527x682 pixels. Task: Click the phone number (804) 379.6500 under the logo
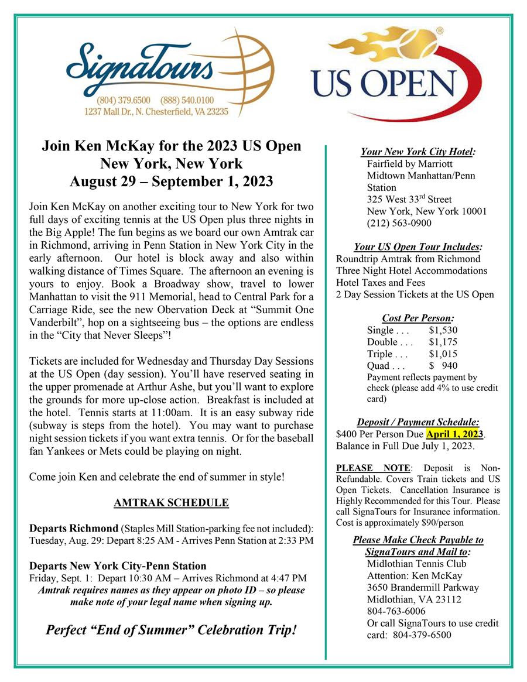point(124,100)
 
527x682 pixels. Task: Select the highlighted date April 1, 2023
point(455,434)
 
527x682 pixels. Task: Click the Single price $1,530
point(443,330)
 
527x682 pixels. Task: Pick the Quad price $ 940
point(443,366)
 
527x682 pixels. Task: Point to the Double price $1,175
point(443,342)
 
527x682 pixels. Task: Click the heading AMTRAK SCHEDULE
point(171,503)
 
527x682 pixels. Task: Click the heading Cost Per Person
point(418,318)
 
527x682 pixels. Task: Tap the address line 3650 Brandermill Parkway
point(422,587)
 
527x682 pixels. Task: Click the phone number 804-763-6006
point(396,611)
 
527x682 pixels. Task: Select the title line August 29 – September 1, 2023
point(171,181)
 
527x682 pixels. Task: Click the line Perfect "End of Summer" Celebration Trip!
point(171,630)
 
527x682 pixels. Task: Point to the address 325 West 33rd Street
point(409,199)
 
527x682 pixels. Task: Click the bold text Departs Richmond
point(73,529)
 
